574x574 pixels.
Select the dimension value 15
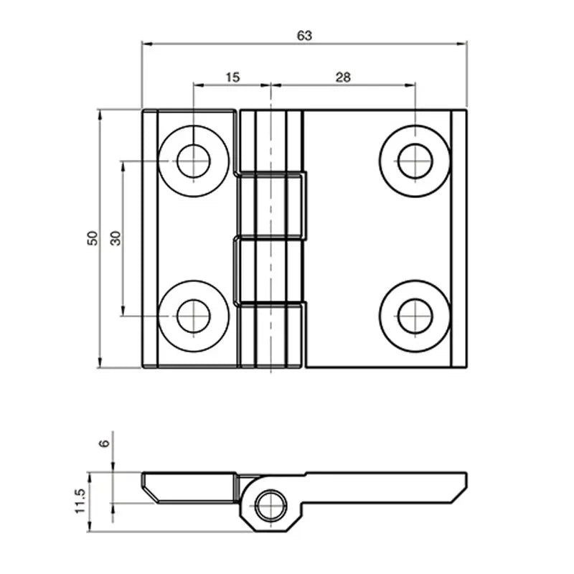click(232, 76)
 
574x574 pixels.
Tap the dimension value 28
click(342, 76)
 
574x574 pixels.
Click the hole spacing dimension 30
click(116, 238)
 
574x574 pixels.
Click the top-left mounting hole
click(194, 161)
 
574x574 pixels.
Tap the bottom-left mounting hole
click(194, 316)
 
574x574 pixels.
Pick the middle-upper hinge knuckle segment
click(270, 204)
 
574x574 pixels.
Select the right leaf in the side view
click(387, 481)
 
